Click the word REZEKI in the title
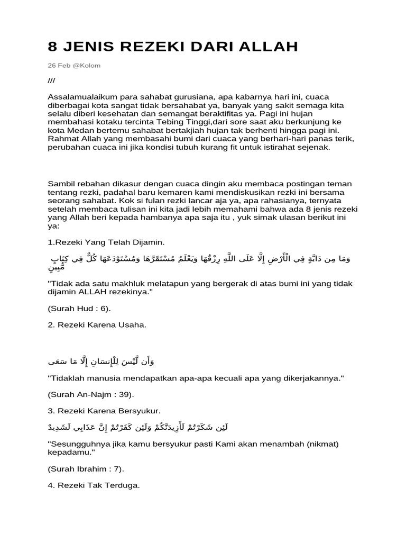[151, 47]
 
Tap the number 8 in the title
[52, 47]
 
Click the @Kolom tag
[88, 66]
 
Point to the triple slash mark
[51, 80]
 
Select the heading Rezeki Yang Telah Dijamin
[106, 242]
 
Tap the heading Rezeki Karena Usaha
[97, 324]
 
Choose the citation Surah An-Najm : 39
[91, 394]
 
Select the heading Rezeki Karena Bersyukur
[104, 411]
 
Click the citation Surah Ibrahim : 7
[86, 469]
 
